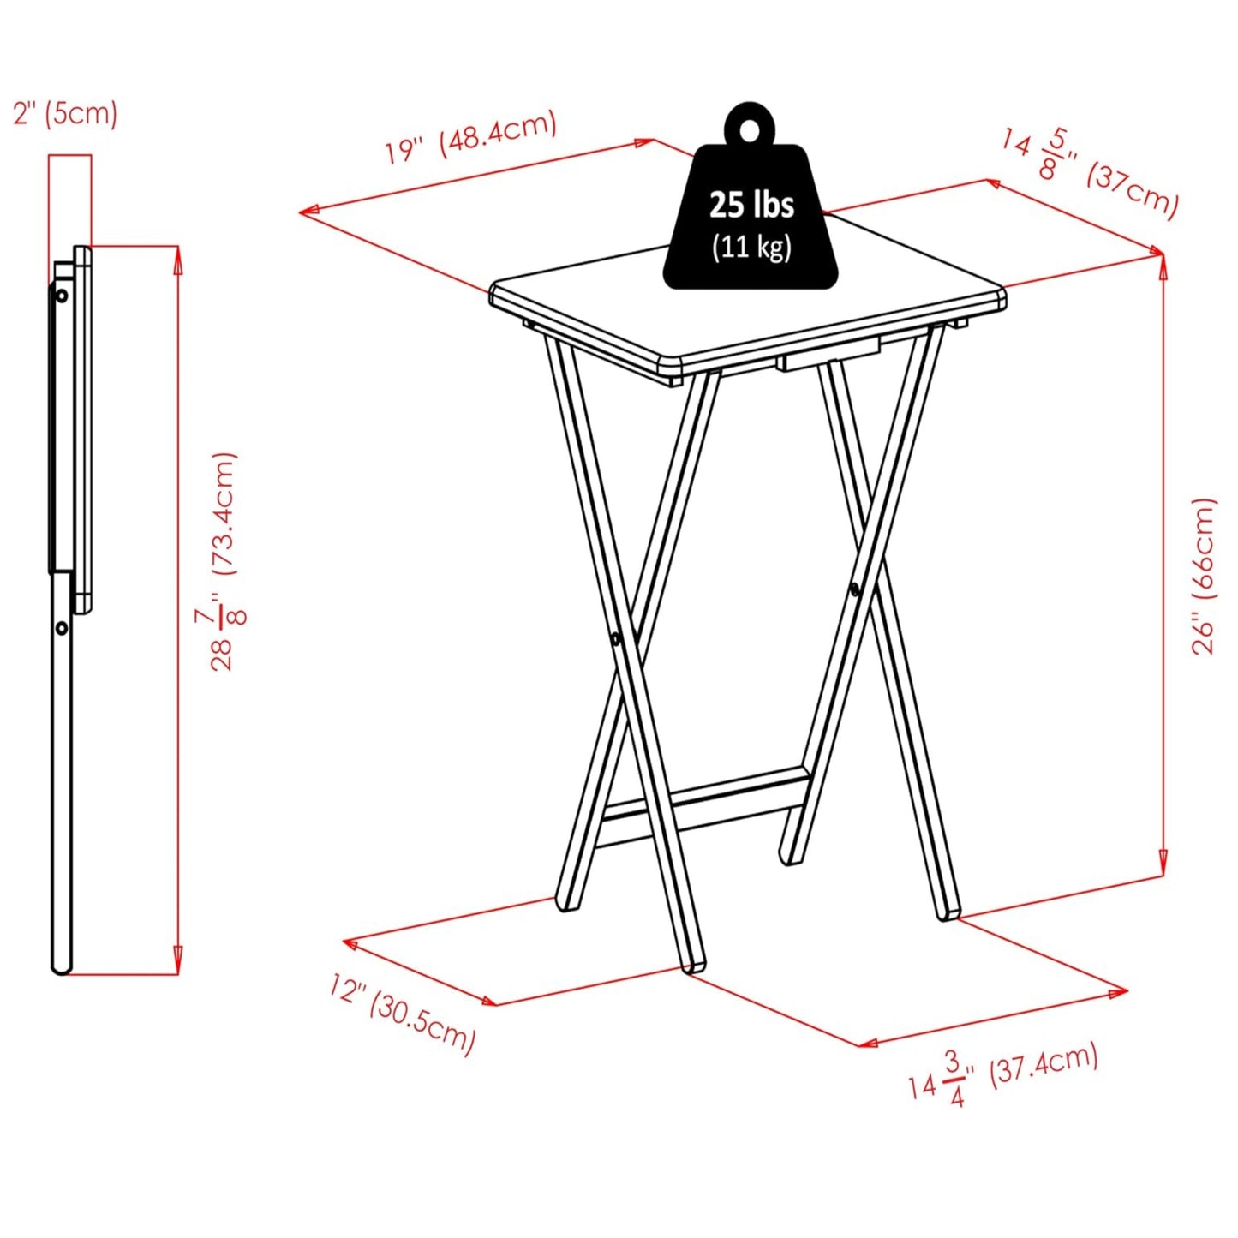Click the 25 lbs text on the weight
[x=751, y=205]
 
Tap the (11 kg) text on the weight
[x=751, y=247]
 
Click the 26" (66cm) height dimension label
[x=1204, y=576]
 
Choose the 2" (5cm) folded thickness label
[x=65, y=113]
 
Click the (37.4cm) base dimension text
[x=1044, y=1065]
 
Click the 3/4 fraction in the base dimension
[x=954, y=1079]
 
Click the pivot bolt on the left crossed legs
[x=616, y=638]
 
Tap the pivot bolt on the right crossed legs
[x=854, y=589]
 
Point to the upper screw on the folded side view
[x=62, y=296]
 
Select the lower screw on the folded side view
[x=62, y=628]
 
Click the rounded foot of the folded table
[x=61, y=967]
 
